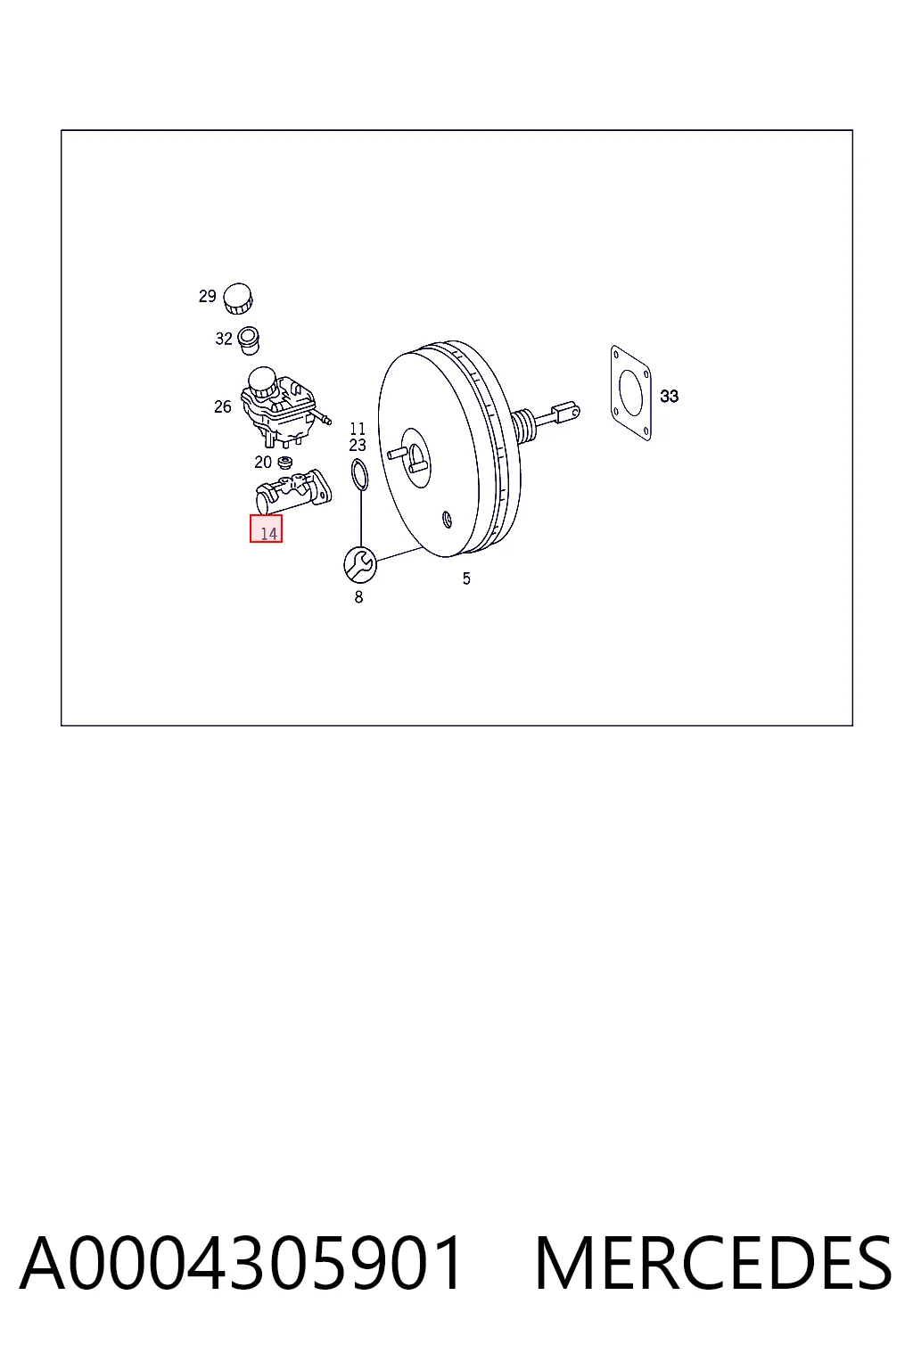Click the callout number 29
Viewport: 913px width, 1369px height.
208,297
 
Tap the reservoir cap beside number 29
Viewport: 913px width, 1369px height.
238,299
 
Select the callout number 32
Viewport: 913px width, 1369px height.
224,339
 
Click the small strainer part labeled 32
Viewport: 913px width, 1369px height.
248,340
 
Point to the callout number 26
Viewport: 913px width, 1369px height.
223,407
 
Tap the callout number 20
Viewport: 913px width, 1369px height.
263,463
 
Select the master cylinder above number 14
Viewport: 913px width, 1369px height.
294,491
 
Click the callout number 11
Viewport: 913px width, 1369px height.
358,429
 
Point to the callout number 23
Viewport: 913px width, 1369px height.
358,446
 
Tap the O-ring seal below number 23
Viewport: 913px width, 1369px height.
359,475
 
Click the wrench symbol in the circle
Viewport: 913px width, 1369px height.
360,564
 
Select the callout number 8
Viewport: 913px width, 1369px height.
359,597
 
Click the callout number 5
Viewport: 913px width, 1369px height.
466,578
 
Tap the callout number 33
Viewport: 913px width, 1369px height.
670,397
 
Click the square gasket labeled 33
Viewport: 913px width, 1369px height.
631,393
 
